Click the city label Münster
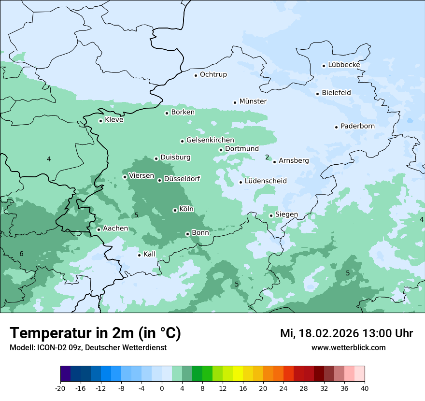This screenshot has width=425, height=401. click(253, 101)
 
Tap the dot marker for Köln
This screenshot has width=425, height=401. click(175, 210)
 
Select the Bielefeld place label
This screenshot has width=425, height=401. click(336, 93)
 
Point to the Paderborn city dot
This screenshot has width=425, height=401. click(336, 127)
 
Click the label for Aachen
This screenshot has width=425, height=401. click(115, 229)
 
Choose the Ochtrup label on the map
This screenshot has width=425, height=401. click(213, 75)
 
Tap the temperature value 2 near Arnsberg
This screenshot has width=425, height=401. click(267, 157)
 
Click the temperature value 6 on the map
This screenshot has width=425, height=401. click(21, 254)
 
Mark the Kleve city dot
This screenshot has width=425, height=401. click(100, 121)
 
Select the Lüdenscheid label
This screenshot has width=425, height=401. click(266, 181)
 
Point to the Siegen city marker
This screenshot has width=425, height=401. click(271, 215)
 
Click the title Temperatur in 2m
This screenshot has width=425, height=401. click(95, 333)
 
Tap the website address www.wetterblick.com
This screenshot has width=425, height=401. click(348, 348)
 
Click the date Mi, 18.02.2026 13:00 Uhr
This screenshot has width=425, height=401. click(346, 333)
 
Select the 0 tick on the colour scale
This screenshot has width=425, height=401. click(162, 388)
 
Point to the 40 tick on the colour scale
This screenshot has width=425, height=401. click(364, 388)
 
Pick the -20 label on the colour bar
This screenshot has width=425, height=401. click(60, 388)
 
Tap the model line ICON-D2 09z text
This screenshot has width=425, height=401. click(88, 348)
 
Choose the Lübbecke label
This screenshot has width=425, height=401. click(344, 65)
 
